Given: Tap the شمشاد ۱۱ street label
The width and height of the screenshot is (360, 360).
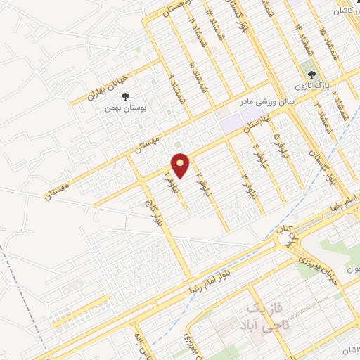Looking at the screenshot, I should pyautogui.click(x=191, y=27).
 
